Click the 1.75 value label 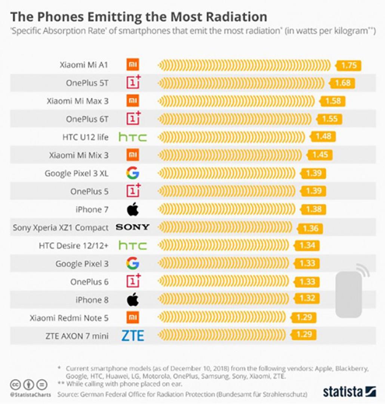pyautogui.click(x=349, y=65)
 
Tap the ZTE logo pyautogui.click(x=133, y=335)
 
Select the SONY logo pyautogui.click(x=133, y=227)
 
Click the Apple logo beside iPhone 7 pyautogui.click(x=133, y=209)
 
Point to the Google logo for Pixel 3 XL pyautogui.click(x=133, y=173)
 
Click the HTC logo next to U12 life pyautogui.click(x=133, y=137)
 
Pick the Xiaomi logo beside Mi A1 pyautogui.click(x=133, y=65)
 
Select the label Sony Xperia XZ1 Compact pyautogui.click(x=61, y=227)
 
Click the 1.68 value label pyautogui.click(x=342, y=83)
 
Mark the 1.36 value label pyautogui.click(x=310, y=228)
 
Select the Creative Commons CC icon pyautogui.click(x=15, y=384)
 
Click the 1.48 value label pyautogui.click(x=323, y=137)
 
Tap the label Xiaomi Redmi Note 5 pyautogui.click(x=69, y=318)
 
